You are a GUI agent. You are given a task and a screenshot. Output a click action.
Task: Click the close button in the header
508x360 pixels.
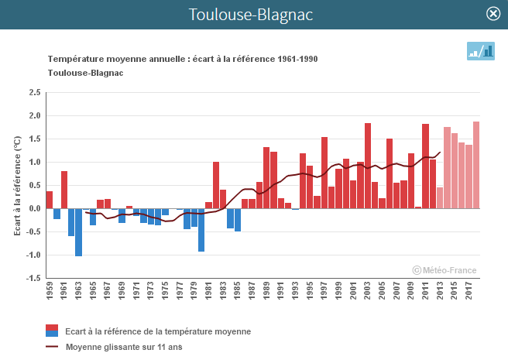[493, 14]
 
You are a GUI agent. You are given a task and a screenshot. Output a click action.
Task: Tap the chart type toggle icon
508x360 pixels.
[480, 51]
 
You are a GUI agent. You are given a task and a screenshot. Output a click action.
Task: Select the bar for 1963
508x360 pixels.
[78, 232]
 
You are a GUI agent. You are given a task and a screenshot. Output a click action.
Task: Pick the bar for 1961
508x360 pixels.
[64, 190]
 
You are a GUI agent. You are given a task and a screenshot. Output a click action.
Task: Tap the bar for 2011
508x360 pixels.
[425, 166]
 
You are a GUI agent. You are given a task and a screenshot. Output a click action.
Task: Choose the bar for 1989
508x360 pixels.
[266, 177]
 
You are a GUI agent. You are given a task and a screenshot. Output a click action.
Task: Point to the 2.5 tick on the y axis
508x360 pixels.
[34, 92]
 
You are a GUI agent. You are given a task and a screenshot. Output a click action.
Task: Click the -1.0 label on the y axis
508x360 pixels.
[33, 255]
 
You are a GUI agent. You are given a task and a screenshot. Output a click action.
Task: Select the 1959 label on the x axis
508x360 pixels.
[49, 295]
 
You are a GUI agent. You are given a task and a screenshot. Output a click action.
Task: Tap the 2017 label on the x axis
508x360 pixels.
[469, 295]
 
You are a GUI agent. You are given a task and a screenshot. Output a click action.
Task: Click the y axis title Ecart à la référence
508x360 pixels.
[17, 185]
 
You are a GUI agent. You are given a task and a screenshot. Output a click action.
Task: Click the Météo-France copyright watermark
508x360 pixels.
[444, 270]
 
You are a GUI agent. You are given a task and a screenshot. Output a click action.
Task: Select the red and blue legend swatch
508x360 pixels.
[53, 331]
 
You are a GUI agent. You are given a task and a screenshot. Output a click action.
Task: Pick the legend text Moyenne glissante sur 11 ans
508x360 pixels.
[124, 347]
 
